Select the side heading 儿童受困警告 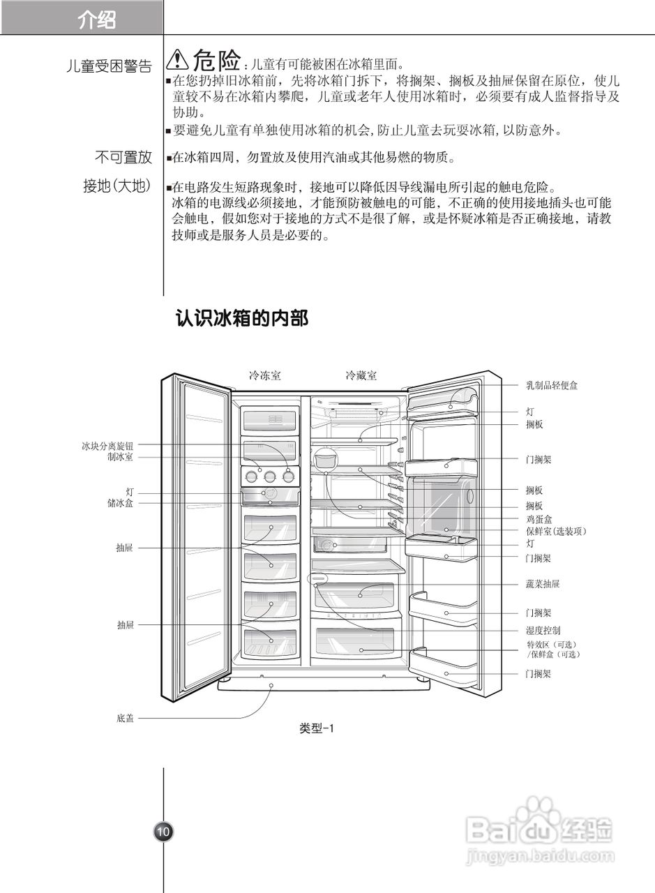point(109,67)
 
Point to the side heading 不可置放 point(123,158)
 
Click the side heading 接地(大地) point(117,186)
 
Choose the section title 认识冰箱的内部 point(241,319)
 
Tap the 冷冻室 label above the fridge point(265,376)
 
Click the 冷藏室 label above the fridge point(361,376)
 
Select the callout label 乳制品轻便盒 point(551,385)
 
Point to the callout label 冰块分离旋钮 point(107,445)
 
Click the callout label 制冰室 point(120,457)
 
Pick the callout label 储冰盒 point(120,503)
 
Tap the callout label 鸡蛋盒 point(539,520)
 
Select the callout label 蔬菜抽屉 point(543,584)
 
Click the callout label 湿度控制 point(543,631)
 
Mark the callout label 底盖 point(125,718)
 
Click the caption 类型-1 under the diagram point(317,728)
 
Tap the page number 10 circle point(163,832)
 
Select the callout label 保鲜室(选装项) point(556,532)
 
